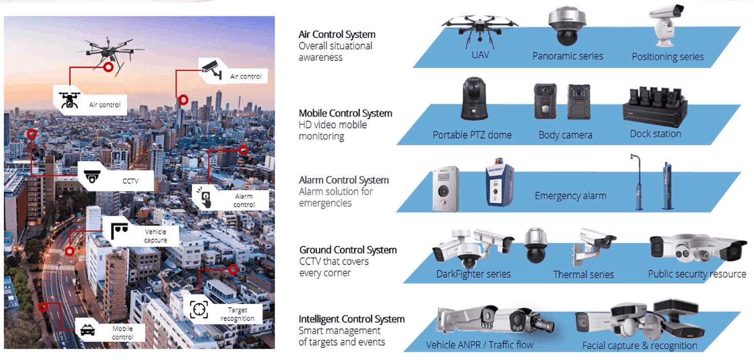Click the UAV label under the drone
[x=480, y=54]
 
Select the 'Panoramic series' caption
[x=568, y=56]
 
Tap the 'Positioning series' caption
[x=667, y=57]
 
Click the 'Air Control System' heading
[x=337, y=34]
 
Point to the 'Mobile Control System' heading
[x=346, y=113]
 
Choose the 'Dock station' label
[x=655, y=134]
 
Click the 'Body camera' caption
[x=565, y=135]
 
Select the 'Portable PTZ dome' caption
[x=472, y=135]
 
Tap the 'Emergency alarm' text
[x=570, y=196]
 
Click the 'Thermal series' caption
[x=583, y=275]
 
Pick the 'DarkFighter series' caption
[x=473, y=274]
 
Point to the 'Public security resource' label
[x=697, y=274]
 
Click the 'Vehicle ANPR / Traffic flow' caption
[x=479, y=345]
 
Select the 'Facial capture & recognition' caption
[x=639, y=346]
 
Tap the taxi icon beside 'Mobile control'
[x=88, y=331]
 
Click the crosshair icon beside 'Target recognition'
[x=199, y=309]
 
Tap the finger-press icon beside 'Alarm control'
[x=205, y=198]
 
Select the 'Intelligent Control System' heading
[x=352, y=319]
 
